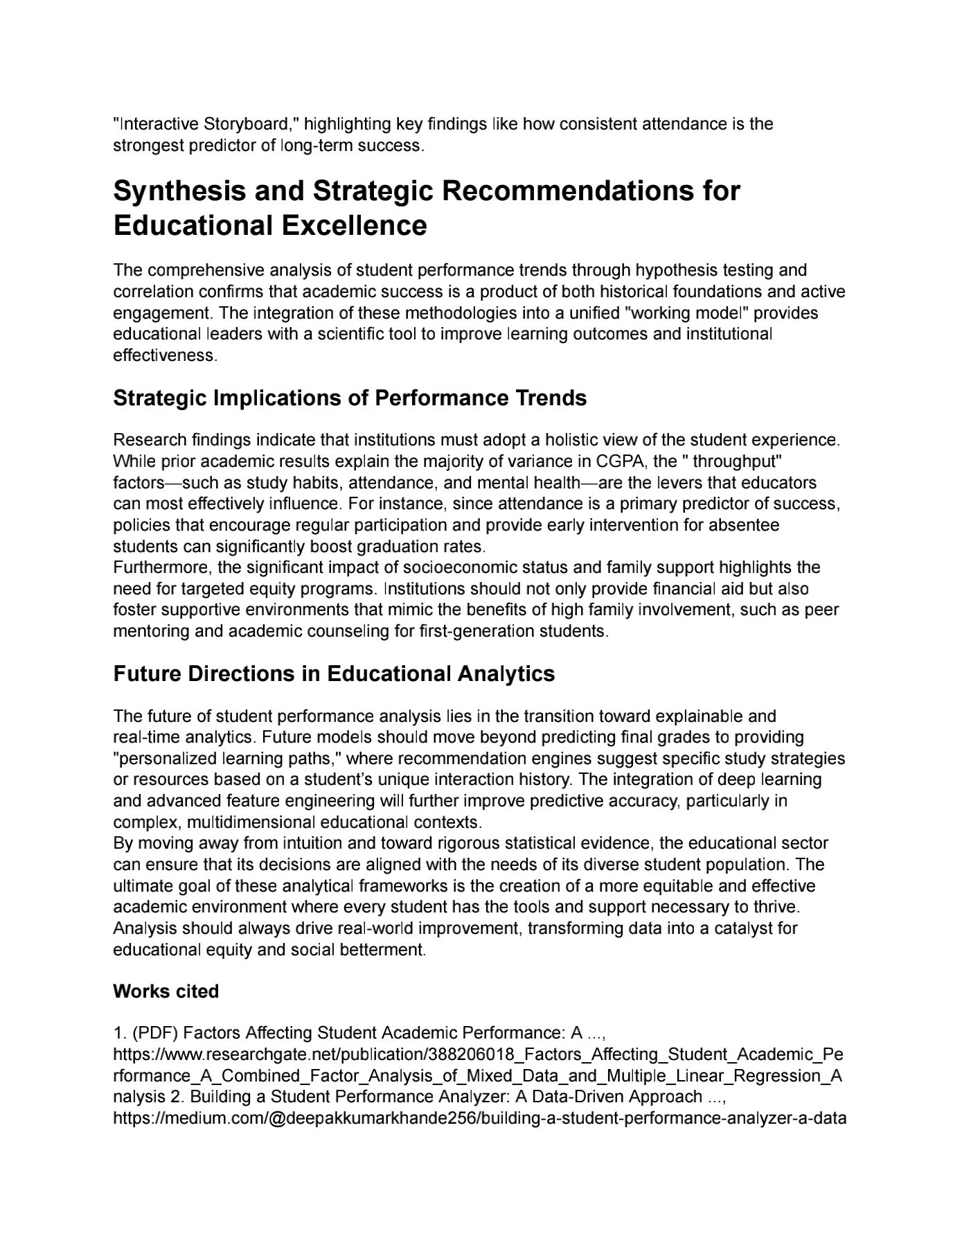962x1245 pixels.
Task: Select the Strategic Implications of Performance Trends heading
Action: coord(350,398)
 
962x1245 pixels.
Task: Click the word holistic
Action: coord(572,440)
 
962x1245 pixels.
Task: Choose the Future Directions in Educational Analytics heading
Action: coord(334,674)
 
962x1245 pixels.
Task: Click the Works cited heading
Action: coord(166,991)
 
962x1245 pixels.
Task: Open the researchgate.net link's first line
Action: coord(478,1054)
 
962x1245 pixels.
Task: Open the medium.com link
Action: coord(479,1118)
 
